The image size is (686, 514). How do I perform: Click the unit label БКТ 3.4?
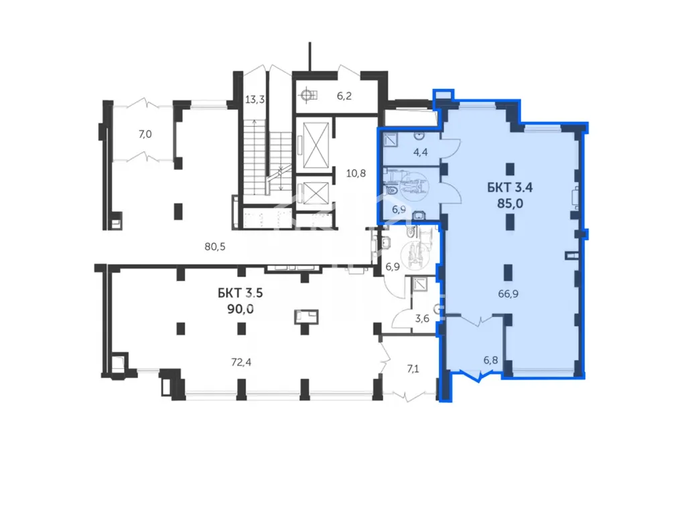[510, 187]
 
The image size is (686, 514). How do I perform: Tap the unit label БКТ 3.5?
[241, 293]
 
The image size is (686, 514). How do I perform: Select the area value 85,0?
[510, 203]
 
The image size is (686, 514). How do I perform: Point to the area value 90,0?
[241, 309]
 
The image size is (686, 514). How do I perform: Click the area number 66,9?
[508, 294]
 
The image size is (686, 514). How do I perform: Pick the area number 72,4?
[241, 362]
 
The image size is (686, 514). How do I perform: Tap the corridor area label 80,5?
[215, 246]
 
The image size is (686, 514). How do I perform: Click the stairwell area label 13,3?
[255, 100]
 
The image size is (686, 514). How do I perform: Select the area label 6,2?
[344, 96]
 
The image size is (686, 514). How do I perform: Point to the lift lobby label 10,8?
[356, 173]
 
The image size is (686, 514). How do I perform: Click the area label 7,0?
[145, 134]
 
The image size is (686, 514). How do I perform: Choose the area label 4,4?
[421, 152]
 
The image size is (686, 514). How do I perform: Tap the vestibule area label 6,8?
[490, 360]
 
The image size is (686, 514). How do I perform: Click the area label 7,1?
[413, 369]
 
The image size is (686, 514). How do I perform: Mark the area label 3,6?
[422, 319]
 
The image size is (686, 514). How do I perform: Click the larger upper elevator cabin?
[316, 145]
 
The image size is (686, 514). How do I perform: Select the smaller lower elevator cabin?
[316, 193]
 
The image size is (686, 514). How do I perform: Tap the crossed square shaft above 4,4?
[391, 139]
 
